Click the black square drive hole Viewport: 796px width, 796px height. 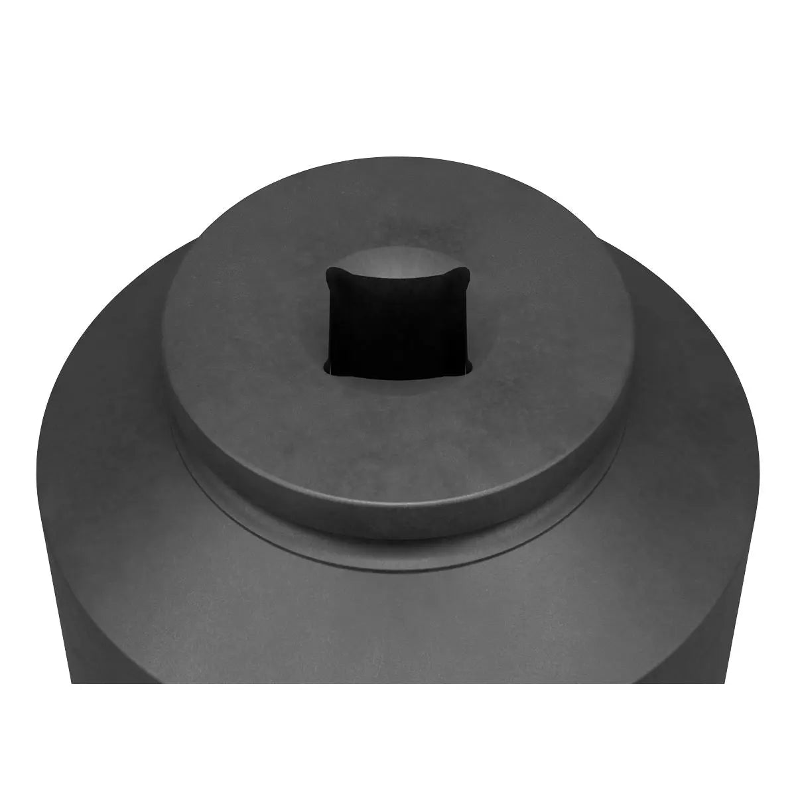click(x=398, y=322)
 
